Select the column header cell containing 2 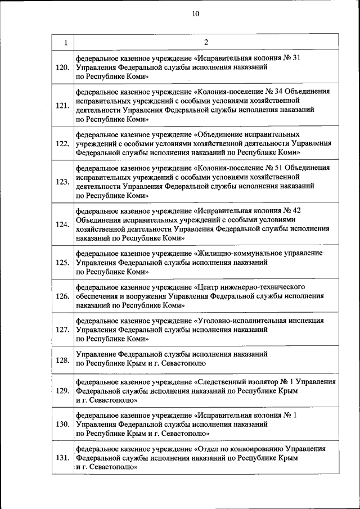tap(206, 42)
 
